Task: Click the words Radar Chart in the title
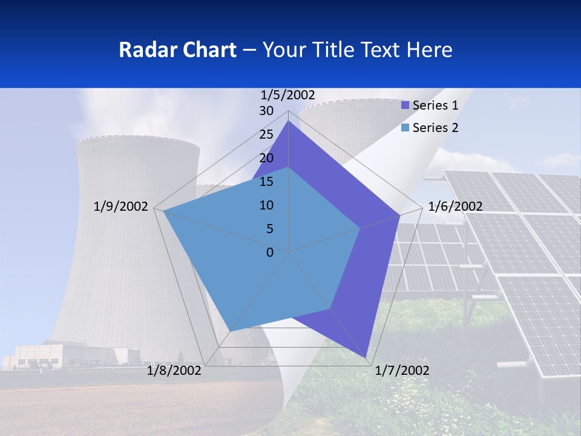[177, 50]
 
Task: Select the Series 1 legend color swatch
[405, 105]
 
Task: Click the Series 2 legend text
[435, 128]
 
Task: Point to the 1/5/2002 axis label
[288, 94]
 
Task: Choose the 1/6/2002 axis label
[455, 206]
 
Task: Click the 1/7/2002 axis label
[402, 370]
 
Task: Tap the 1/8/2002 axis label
[174, 370]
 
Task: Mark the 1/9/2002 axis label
[120, 206]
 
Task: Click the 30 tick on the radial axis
[266, 111]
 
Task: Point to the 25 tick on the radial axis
[266, 134]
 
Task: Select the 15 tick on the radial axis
[266, 182]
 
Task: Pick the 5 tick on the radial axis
[269, 229]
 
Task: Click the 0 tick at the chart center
[270, 253]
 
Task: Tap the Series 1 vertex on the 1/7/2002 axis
[367, 357]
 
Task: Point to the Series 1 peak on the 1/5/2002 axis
[289, 121]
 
